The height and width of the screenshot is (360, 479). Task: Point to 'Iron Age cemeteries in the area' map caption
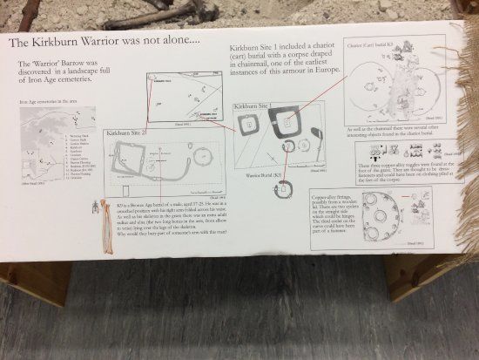pyautogui.click(x=49, y=103)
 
